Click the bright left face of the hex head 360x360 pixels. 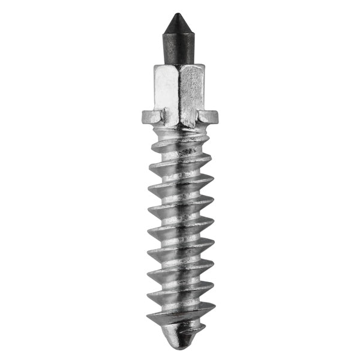pos(169,90)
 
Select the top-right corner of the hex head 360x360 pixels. pos(205,66)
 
